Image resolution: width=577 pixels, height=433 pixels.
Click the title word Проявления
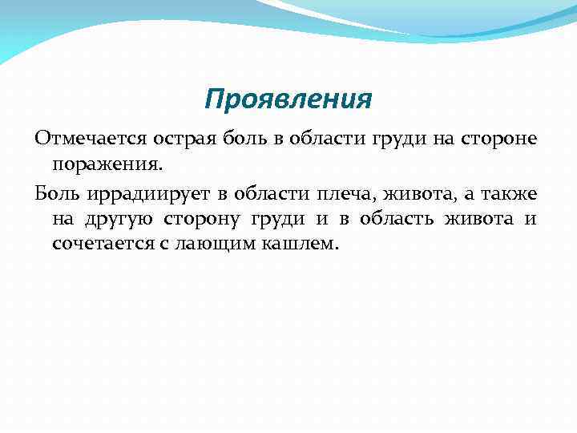(x=288, y=100)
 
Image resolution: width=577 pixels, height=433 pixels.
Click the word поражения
(x=107, y=164)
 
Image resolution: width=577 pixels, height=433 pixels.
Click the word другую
(x=119, y=219)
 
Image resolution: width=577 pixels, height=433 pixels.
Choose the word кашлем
(x=300, y=243)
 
